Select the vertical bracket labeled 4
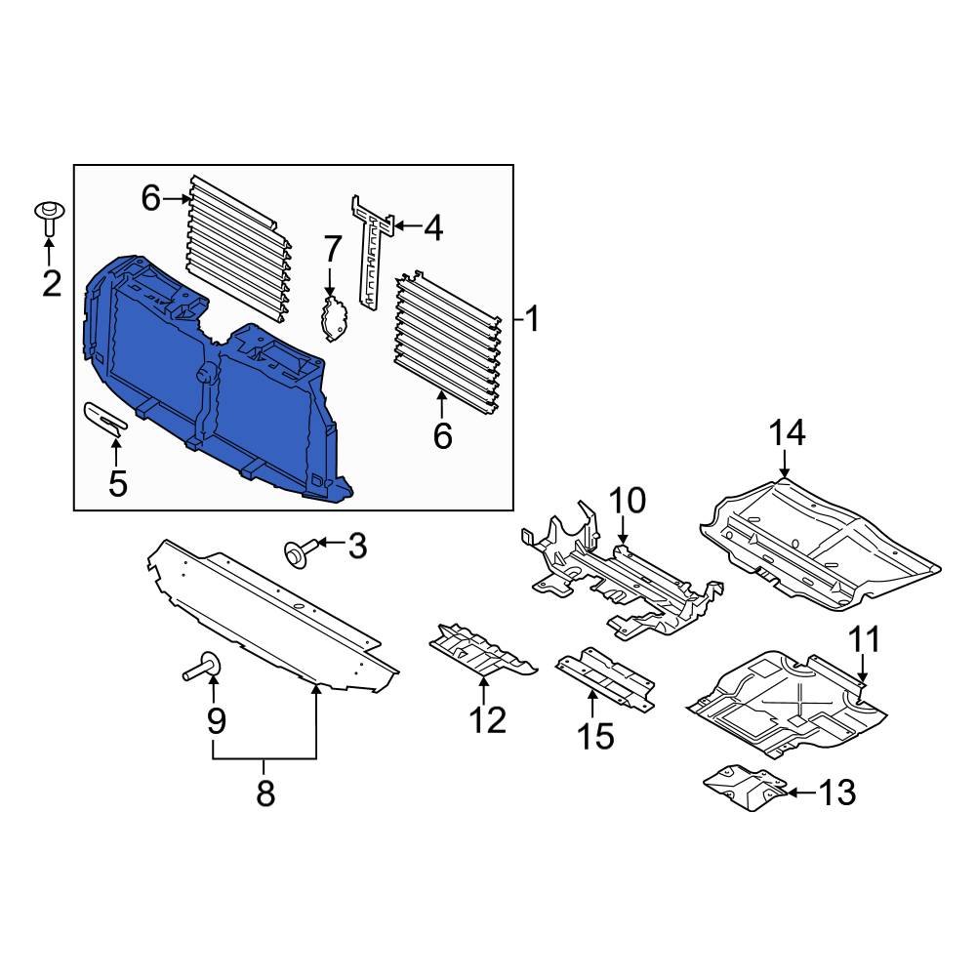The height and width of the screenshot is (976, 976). [372, 254]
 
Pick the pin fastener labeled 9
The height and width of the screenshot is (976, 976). [200, 671]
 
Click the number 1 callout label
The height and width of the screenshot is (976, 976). [532, 319]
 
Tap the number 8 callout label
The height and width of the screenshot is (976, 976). [265, 793]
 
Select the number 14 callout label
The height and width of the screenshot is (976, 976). [788, 432]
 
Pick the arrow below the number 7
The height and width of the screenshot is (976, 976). [330, 283]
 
